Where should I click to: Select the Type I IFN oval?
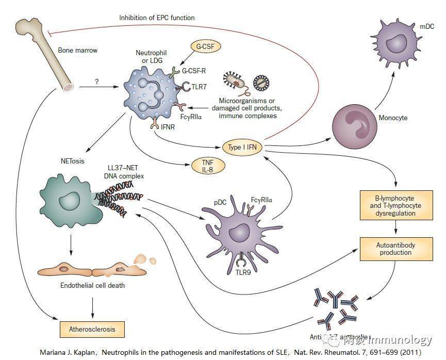click(242, 147)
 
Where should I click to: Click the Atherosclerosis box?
click(92, 328)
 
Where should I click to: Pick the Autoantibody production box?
click(395, 249)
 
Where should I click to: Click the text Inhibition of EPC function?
click(157, 18)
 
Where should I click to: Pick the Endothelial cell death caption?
click(92, 285)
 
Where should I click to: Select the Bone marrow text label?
click(77, 51)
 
